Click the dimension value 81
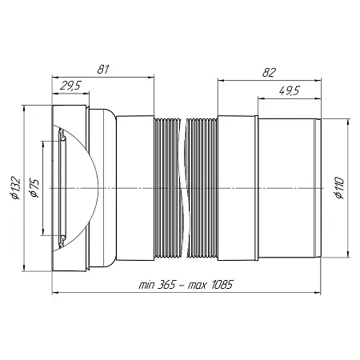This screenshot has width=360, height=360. (x=103, y=70)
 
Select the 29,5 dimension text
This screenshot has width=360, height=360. (x=70, y=86)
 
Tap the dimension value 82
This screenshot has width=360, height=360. (x=269, y=72)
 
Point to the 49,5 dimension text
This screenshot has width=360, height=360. (x=290, y=90)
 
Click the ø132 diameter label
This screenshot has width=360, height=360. (x=15, y=188)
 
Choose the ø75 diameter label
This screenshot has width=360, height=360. (x=34, y=188)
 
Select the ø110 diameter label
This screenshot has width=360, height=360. (x=339, y=188)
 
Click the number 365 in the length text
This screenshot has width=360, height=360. (x=166, y=285)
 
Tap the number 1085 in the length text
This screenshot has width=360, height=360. (x=222, y=285)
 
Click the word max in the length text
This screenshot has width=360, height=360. (x=197, y=286)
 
